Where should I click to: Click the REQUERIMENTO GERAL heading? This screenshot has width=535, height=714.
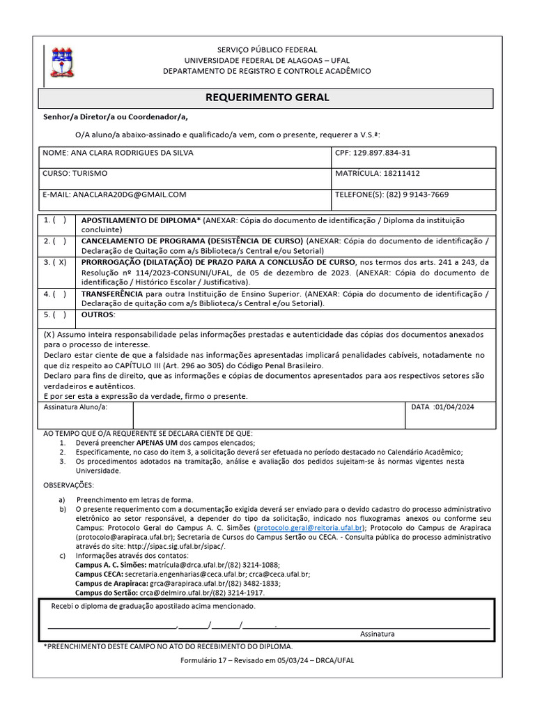click(267, 98)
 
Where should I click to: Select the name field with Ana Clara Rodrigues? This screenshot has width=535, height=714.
click(118, 153)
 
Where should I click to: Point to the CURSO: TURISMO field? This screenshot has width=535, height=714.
click(75, 173)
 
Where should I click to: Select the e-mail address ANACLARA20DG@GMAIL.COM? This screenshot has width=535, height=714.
click(130, 195)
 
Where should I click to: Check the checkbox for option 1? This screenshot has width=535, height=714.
click(59, 220)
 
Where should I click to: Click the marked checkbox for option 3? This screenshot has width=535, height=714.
click(59, 263)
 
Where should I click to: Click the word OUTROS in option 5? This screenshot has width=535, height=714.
click(98, 314)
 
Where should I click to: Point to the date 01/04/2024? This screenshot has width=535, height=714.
click(453, 407)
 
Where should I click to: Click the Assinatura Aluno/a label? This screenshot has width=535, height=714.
click(76, 407)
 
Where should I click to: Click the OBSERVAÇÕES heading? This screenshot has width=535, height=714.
click(68, 485)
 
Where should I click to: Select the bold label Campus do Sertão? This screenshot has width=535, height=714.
click(107, 592)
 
